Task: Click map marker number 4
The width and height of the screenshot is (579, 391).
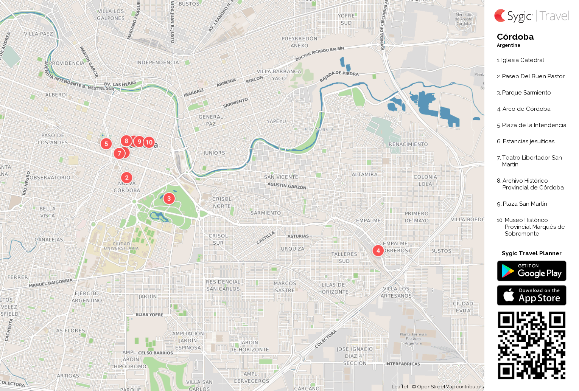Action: [x=378, y=250]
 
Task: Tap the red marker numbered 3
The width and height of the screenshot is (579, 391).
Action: [x=169, y=198]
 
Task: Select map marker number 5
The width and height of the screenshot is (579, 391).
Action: [x=106, y=144]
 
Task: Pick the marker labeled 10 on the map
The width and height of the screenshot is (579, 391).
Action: [x=149, y=142]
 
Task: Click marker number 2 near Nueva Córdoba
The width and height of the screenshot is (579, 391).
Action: [x=127, y=177]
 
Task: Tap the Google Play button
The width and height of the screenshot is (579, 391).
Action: [x=531, y=271]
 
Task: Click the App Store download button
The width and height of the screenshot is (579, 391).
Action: [x=531, y=295]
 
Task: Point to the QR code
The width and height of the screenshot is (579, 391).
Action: [x=531, y=345]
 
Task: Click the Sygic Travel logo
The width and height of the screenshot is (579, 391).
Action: [x=531, y=16]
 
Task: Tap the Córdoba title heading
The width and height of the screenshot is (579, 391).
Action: [x=515, y=37]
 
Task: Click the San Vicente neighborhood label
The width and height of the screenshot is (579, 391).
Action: [x=281, y=177]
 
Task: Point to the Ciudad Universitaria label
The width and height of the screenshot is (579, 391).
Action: [x=121, y=246]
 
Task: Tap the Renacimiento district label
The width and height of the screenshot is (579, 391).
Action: [x=408, y=144]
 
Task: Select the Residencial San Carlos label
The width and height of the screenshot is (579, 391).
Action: [x=223, y=285]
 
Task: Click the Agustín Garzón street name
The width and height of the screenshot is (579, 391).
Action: [x=286, y=186]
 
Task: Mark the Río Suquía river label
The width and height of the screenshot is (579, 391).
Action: [x=319, y=129]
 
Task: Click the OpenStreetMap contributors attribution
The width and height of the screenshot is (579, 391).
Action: [x=450, y=386]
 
